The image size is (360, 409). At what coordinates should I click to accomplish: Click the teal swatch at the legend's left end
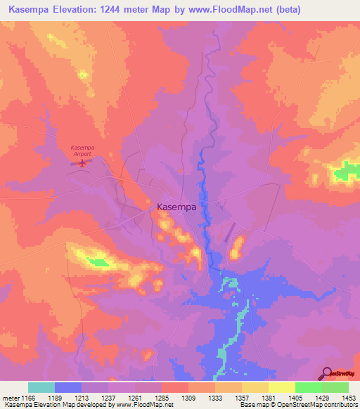coord(41,387)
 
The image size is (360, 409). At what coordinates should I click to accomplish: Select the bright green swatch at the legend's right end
coord(335,387)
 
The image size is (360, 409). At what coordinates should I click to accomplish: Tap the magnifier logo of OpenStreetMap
coord(326,374)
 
